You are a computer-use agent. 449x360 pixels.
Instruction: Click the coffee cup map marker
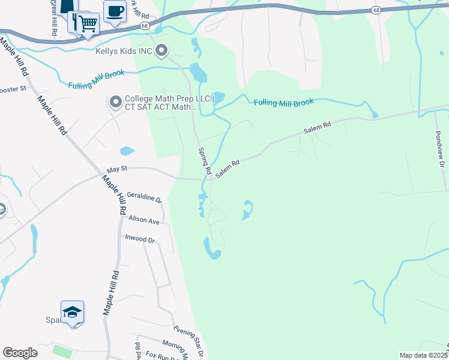click(115, 10)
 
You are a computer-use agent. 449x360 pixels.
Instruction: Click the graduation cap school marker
click(72, 312)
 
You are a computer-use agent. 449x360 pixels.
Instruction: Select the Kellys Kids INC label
click(124, 51)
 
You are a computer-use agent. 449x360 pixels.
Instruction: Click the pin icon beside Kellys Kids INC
click(161, 52)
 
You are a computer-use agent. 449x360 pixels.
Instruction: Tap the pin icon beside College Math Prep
click(116, 103)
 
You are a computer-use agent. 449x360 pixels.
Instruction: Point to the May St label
click(117, 169)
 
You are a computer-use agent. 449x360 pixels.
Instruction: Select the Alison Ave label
click(143, 220)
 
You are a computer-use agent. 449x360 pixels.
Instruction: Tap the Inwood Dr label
click(139, 239)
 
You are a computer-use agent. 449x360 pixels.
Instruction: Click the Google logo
click(20, 353)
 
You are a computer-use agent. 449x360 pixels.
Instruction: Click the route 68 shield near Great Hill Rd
click(145, 26)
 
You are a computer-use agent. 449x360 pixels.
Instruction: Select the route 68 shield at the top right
click(376, 10)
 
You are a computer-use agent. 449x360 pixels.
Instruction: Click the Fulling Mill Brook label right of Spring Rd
click(283, 103)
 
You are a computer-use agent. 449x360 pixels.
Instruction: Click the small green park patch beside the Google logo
click(60, 349)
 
